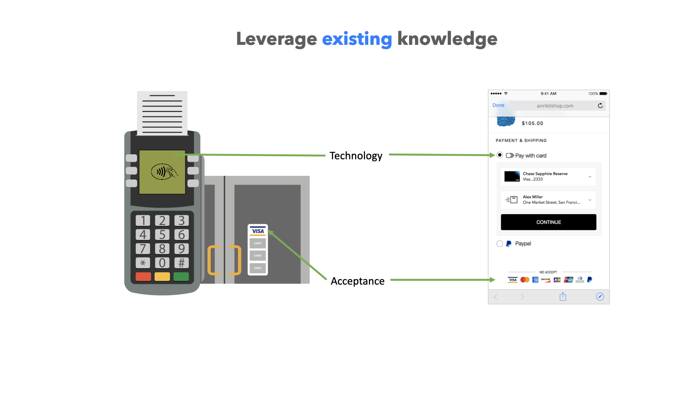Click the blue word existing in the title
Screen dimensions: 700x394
357,39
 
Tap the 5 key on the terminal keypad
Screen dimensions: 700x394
162,235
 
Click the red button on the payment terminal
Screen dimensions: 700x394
143,277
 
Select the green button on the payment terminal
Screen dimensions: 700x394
181,277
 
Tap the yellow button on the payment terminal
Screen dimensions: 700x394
162,277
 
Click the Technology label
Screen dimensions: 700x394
356,156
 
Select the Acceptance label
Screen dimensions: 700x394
357,281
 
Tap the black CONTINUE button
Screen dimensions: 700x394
548,222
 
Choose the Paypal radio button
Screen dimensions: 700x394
499,244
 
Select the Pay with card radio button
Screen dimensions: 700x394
499,155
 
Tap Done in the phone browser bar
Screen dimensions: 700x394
498,105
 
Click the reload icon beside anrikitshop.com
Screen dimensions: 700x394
600,106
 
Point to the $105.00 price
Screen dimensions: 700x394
532,123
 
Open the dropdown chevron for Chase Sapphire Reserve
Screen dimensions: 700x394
590,177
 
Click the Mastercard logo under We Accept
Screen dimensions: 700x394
525,280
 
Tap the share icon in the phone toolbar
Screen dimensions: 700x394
563,297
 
